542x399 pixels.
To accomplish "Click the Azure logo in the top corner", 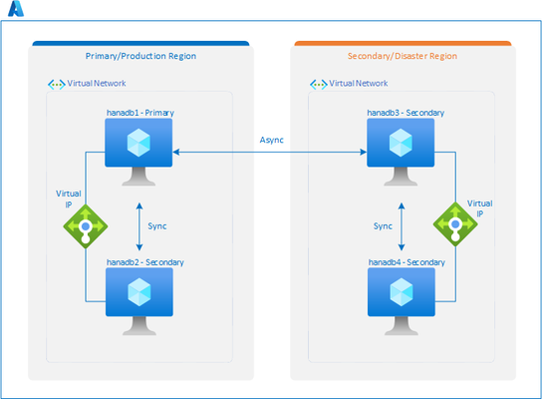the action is point(16,9).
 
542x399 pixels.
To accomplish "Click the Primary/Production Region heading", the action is point(140,56).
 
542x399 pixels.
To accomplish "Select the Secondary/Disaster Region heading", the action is point(403,56).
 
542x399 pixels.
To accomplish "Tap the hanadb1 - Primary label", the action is point(140,113).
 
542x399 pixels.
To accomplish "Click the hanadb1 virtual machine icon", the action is point(138,152).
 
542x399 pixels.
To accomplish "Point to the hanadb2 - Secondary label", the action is point(145,262).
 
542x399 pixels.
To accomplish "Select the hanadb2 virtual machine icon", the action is point(139,301).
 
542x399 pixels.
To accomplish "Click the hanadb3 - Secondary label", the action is point(406,113).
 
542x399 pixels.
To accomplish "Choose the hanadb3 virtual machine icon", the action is point(401,152).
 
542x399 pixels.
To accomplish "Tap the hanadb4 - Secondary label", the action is point(406,262).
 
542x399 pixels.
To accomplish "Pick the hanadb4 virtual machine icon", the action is point(402,301).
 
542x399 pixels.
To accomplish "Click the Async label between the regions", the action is point(272,140).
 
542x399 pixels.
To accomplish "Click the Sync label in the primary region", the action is point(157,226).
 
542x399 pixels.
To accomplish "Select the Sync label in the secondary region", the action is point(383,226).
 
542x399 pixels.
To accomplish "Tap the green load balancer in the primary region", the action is point(86,226).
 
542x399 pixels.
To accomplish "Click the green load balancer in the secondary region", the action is point(455,224).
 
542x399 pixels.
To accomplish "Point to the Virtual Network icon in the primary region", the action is point(57,84).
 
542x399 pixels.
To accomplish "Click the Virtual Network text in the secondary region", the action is point(359,84).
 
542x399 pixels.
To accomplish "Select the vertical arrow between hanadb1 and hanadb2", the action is point(139,226).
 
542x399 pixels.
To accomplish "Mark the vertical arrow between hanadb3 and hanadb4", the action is point(402,226).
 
